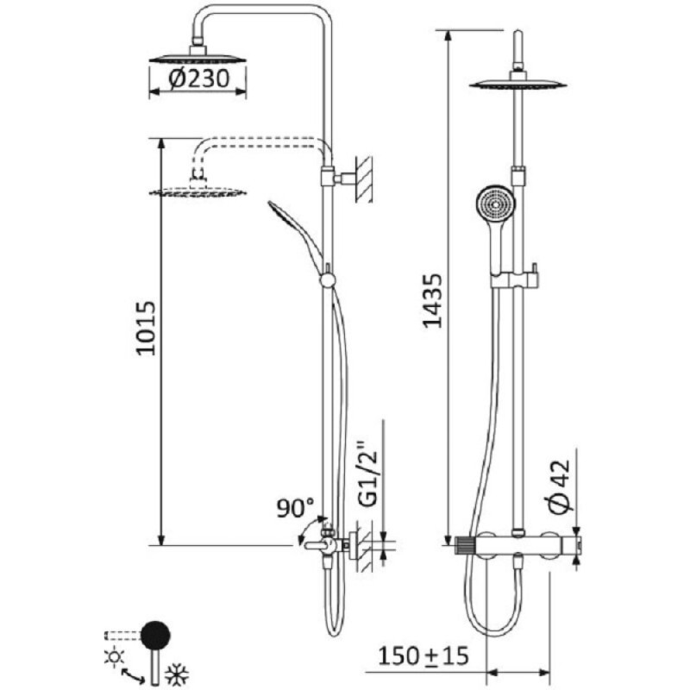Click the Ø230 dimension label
tap(199, 78)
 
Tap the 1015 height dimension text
tap(146, 329)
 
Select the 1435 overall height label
tap(432, 301)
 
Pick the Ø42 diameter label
tap(559, 486)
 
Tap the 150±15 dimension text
tap(423, 655)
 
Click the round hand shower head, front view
tap(497, 205)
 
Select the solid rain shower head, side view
tap(198, 58)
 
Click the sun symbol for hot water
tap(114, 656)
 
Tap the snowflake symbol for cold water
tap(177, 674)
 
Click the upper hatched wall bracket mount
tap(364, 179)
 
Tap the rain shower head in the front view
tap(518, 85)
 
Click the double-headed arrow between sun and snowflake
tap(133, 676)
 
